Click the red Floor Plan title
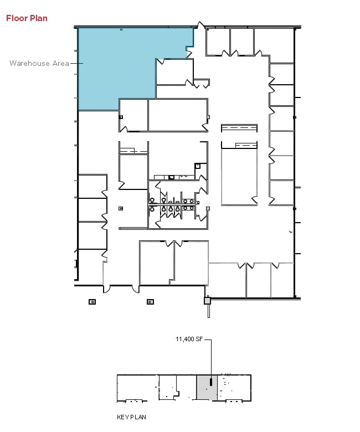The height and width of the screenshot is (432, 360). click(27, 18)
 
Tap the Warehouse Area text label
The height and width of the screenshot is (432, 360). click(39, 63)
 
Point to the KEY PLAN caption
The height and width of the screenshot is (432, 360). click(131, 417)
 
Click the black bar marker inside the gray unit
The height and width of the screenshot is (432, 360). click(211, 382)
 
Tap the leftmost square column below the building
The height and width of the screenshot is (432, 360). click(92, 302)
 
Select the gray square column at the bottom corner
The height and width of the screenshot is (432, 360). click(207, 301)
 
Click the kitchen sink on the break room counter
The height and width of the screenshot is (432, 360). click(172, 177)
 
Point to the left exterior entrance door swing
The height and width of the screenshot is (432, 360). click(107, 289)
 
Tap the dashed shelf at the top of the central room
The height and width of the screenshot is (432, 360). click(239, 128)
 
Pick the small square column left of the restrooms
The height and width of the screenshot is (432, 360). click(121, 208)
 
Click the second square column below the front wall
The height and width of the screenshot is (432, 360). click(150, 302)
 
